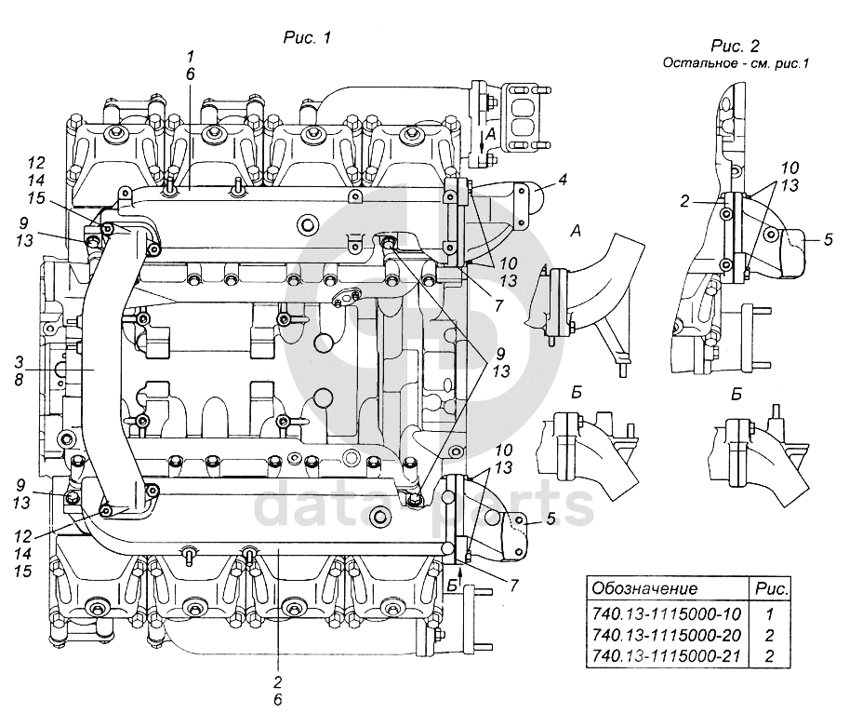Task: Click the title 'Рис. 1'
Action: click(307, 38)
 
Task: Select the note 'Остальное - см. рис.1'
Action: click(736, 63)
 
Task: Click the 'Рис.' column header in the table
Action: click(772, 589)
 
